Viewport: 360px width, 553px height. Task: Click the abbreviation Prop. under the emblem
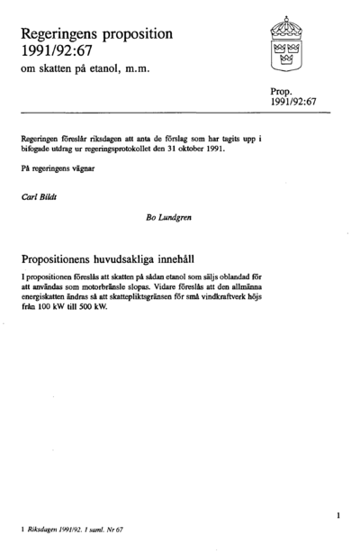(283, 91)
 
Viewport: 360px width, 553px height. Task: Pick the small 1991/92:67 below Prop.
(294, 103)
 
